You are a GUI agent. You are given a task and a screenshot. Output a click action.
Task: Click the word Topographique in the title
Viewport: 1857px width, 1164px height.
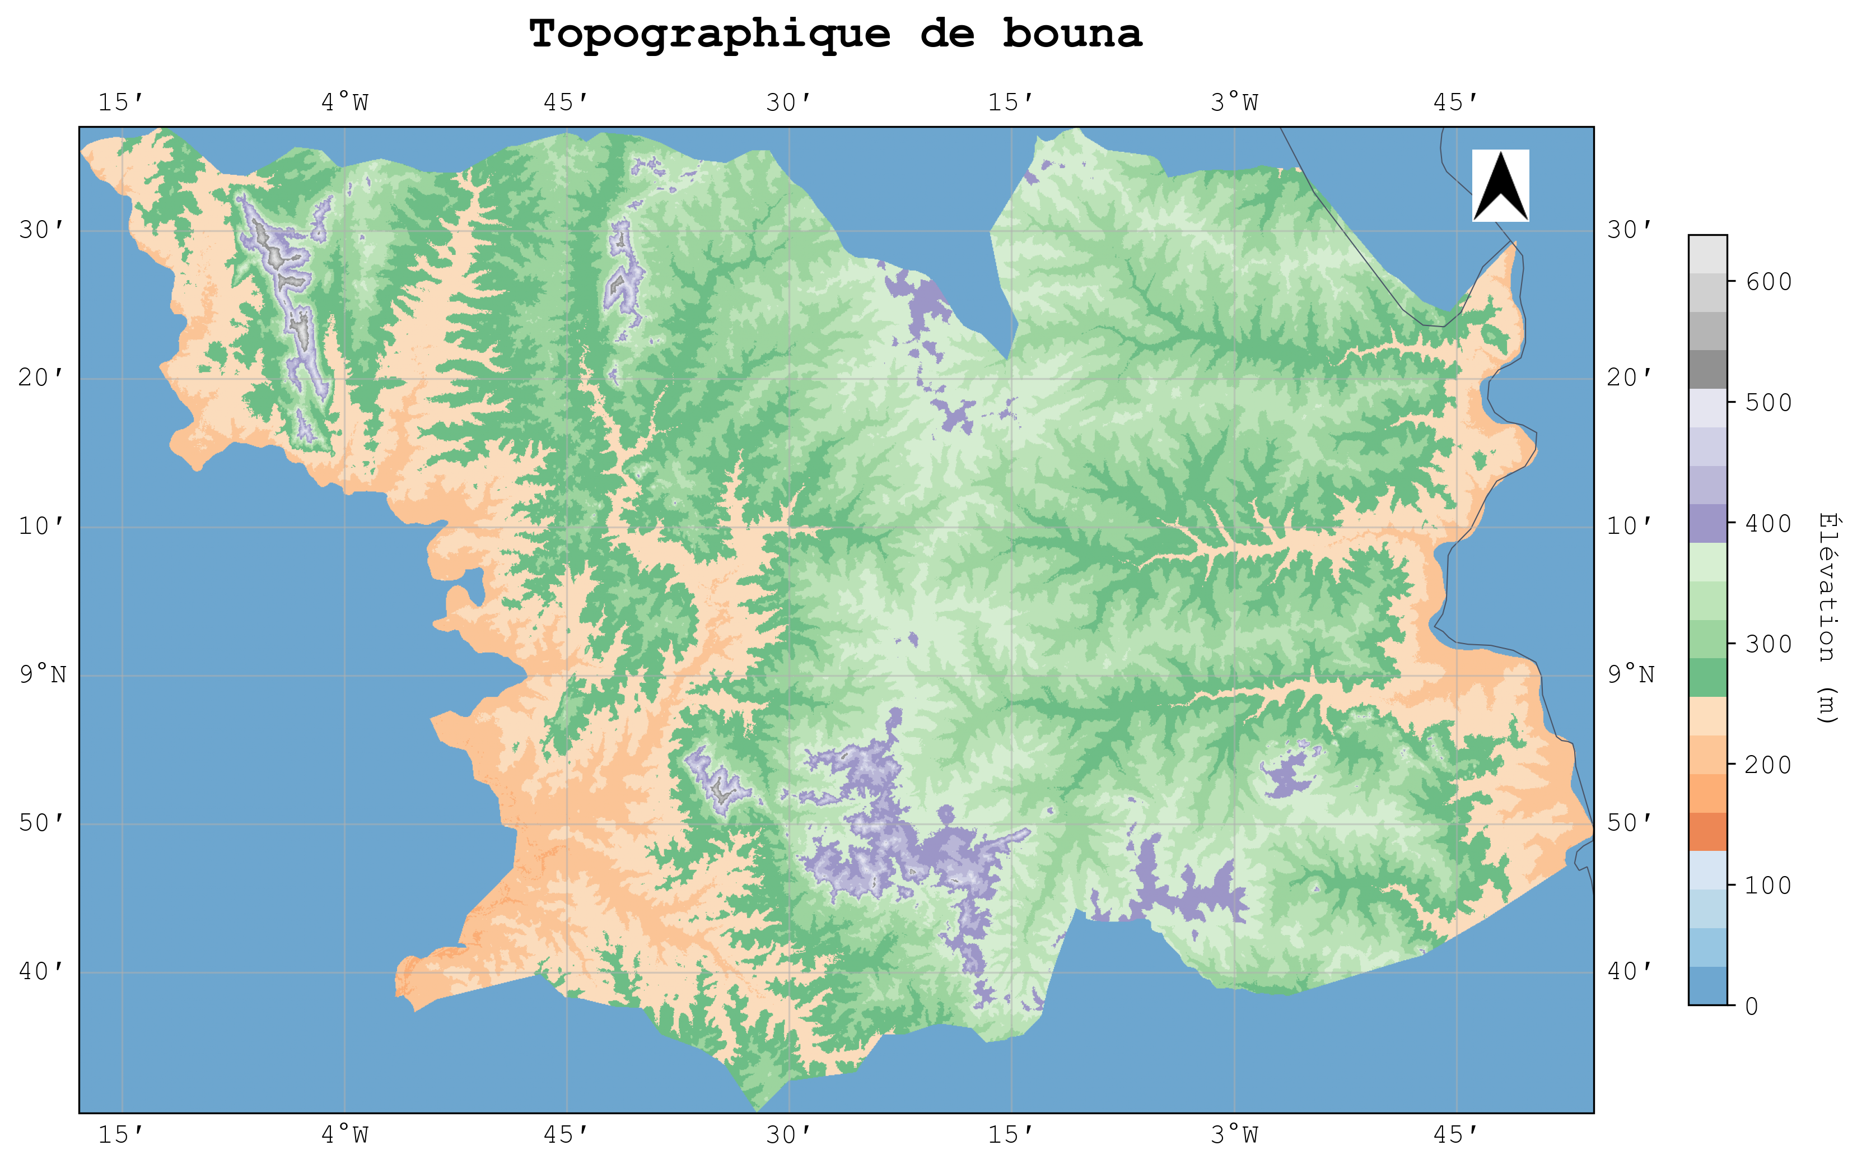[709, 35]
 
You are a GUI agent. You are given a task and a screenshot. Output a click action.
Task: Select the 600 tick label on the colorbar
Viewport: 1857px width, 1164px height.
[1769, 282]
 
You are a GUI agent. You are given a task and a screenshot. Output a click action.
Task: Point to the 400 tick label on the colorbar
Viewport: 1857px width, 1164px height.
[1769, 524]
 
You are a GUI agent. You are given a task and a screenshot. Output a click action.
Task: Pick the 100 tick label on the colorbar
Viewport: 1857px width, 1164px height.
[1769, 885]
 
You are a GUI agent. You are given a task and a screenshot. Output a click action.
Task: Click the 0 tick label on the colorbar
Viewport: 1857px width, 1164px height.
[1752, 1006]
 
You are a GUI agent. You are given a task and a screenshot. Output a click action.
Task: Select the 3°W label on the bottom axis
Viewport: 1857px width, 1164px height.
[1234, 1134]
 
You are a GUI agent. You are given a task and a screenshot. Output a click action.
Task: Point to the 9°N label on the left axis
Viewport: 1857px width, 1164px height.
[43, 675]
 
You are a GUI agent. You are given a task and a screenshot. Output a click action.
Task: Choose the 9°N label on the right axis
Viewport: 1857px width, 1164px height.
[1631, 675]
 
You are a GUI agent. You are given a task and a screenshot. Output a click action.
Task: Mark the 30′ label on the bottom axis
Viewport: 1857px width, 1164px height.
[789, 1134]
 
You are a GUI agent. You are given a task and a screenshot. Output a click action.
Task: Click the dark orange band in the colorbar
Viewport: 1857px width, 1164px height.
[1707, 831]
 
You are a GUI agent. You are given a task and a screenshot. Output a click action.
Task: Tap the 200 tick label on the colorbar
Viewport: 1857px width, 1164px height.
[1769, 765]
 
